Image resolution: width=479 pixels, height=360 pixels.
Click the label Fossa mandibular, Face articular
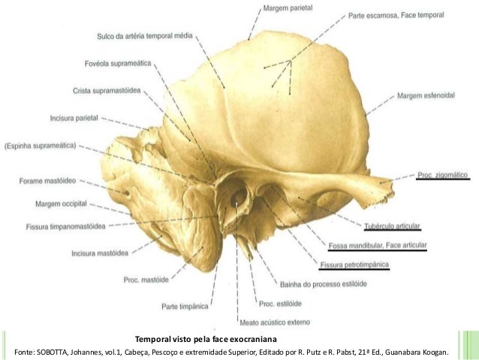coord(378,246)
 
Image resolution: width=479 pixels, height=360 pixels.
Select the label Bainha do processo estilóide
coord(318,282)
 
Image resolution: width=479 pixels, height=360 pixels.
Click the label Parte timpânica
coord(182,306)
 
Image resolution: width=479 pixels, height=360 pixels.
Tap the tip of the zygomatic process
coord(390,183)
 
